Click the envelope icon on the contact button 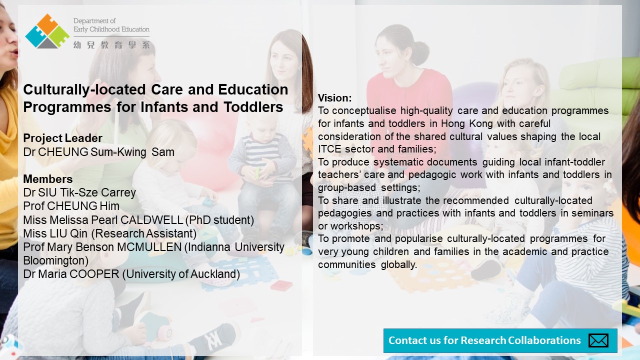[598, 340]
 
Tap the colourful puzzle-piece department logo [47, 31]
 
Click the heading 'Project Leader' [62, 138]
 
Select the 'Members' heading [47, 179]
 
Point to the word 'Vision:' [335, 98]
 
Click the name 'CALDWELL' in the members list [151, 220]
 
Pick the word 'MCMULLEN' [149, 247]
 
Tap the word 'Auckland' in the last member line [214, 274]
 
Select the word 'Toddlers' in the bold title [253, 107]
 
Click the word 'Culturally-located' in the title [84, 89]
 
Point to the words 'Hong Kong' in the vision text [467, 123]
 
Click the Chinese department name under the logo [111, 45]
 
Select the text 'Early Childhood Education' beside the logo [111, 29]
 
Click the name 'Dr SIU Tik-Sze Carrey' [79, 192]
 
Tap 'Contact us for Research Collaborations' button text [484, 340]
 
